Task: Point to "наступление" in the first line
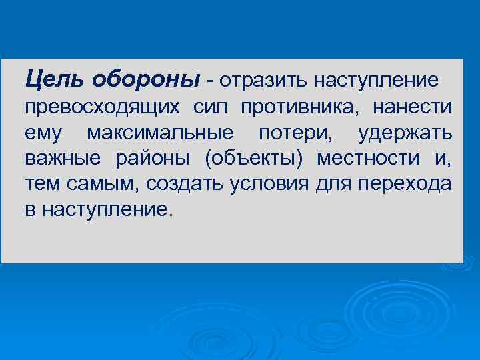pyautogui.click(x=376, y=81)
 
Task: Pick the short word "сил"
pyautogui.click(x=212, y=108)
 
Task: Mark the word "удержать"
pyautogui.click(x=405, y=134)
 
